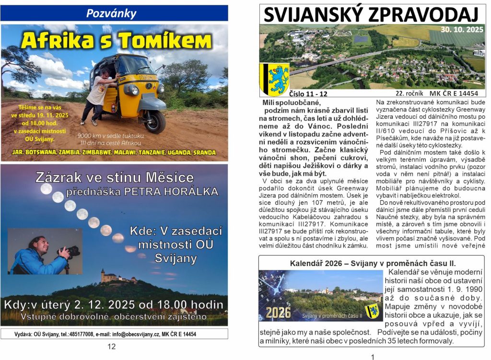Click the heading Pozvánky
(x=111, y=13)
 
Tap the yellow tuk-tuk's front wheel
(x=154, y=121)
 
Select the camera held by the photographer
(x=71, y=250)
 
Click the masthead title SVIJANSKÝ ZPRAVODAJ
(x=371, y=15)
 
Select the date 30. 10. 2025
(x=461, y=29)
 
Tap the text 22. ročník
(x=409, y=93)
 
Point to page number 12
(x=111, y=347)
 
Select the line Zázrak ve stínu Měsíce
(x=115, y=177)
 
